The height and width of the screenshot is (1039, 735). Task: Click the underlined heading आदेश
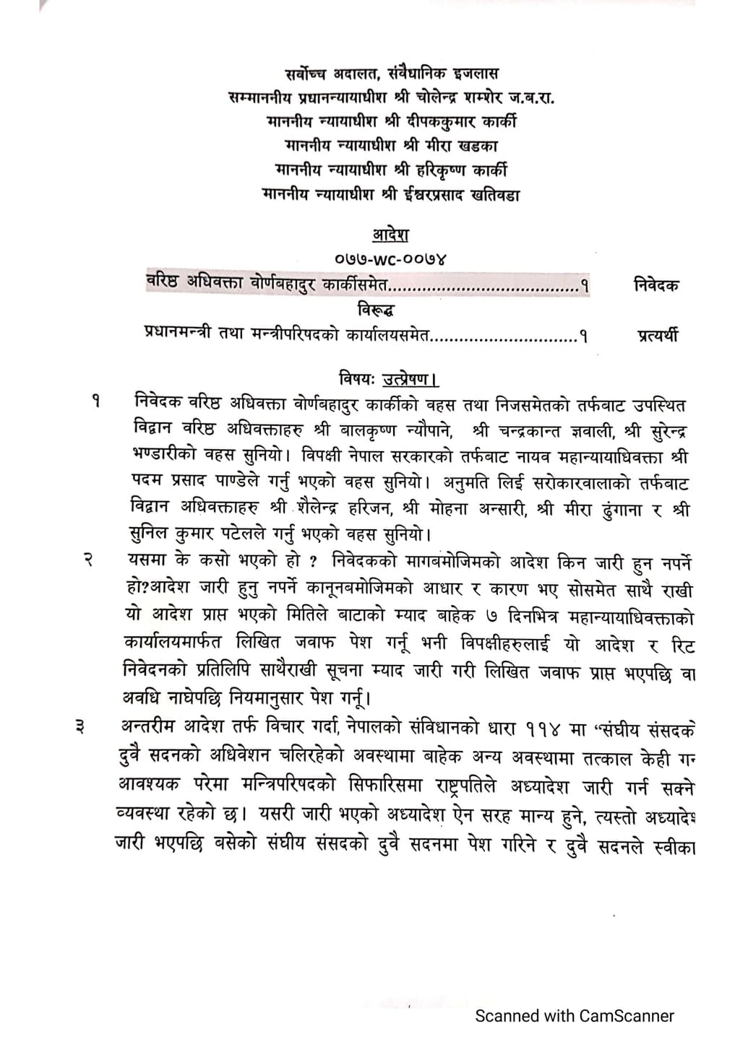click(390, 235)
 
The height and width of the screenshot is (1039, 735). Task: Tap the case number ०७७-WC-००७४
click(390, 257)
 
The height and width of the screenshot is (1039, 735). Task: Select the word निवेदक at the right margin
click(655, 284)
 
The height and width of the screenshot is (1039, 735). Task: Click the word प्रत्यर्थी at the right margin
click(658, 336)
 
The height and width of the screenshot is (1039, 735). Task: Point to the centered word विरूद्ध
click(376, 310)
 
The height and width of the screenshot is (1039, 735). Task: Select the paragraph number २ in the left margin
click(87, 560)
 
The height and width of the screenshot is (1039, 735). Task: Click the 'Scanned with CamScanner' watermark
click(574, 1016)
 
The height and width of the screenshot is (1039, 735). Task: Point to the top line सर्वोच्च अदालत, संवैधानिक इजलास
click(391, 73)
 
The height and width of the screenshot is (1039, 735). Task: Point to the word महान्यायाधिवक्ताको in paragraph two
click(619, 618)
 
